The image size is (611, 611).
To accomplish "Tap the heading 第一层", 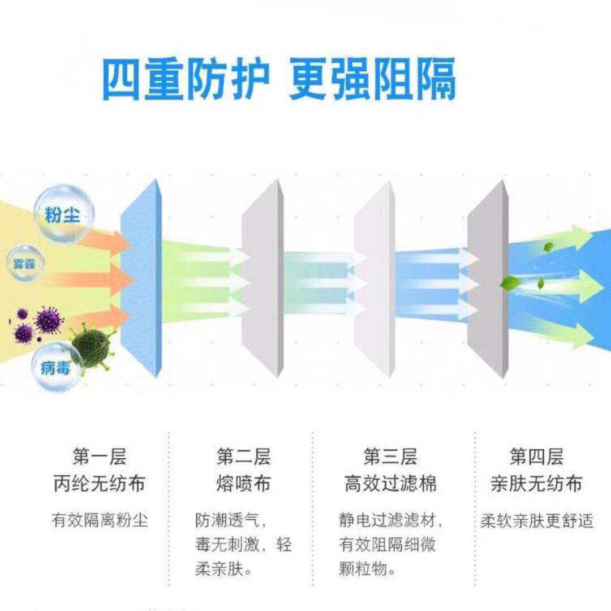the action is point(100,456).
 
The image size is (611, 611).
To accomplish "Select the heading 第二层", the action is point(243,456).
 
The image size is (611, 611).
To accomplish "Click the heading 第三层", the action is point(390,456).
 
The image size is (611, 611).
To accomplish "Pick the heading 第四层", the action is point(536,456).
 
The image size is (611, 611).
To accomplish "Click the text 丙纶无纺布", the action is point(100,484).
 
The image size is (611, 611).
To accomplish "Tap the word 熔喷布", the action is point(243,484).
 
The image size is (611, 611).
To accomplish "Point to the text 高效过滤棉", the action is point(390,484).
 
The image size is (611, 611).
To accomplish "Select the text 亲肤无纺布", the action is point(536,484).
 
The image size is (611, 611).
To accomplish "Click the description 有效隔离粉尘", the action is point(100,520).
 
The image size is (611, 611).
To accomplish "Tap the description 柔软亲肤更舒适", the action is point(536,520).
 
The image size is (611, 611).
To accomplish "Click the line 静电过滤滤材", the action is point(390,520).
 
